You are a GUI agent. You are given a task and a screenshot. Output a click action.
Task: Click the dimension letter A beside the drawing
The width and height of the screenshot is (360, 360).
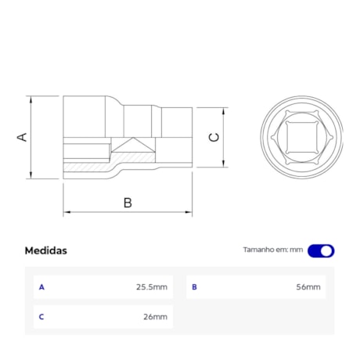pos(23,137)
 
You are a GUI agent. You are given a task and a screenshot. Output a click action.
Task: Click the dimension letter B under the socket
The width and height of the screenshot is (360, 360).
pos(128,202)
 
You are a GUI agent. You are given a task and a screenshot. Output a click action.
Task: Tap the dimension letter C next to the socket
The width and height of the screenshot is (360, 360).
pos(214,137)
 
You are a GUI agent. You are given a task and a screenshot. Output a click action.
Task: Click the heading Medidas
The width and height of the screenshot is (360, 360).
pos(46,250)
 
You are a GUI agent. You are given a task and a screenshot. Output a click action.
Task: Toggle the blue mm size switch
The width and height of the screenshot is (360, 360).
pos(321,250)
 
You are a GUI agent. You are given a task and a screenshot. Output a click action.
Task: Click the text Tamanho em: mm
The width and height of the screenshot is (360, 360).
pos(272,250)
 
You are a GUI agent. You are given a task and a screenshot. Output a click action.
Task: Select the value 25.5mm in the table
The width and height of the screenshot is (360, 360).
pos(152,287)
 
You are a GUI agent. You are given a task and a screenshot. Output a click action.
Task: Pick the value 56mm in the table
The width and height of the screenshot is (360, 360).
pos(308,287)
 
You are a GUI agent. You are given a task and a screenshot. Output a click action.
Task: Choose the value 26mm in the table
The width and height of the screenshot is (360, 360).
pos(155,317)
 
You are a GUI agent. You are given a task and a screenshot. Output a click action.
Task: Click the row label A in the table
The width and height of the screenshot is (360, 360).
pos(41,287)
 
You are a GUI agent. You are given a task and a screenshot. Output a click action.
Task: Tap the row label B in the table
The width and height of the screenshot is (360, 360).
pos(194,287)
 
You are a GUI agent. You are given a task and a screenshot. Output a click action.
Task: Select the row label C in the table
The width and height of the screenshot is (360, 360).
pos(41,317)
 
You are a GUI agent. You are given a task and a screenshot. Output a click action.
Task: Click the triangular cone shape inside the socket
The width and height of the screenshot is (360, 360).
pos(131,145)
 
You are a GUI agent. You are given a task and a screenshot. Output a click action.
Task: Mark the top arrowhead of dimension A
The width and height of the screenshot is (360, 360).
pos(32,100)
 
